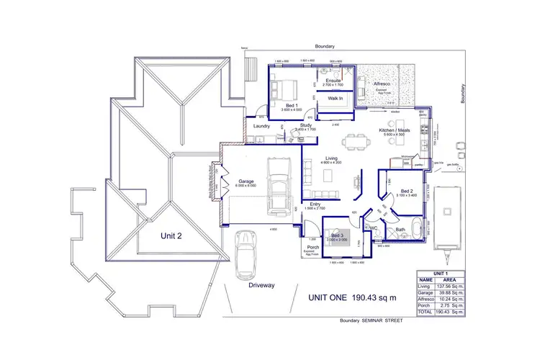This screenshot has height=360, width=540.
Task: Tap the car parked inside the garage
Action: pos(276,184)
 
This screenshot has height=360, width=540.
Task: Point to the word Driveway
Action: pos(262,285)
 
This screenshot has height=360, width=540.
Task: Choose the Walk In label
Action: pos(336,99)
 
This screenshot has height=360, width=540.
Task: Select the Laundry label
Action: pos(261,126)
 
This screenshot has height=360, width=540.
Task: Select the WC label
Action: pos(374,227)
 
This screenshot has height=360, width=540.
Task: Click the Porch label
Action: pos(312,246)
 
